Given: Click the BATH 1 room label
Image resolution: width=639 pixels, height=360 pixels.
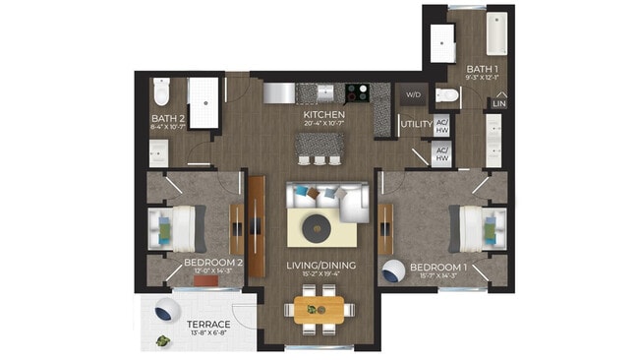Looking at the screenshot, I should click(483, 69).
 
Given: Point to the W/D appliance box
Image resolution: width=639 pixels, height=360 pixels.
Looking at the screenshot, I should click(412, 95).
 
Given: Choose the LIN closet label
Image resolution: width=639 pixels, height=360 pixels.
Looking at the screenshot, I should click(499, 103).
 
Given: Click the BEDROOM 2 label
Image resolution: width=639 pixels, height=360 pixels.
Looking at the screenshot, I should click(212, 263).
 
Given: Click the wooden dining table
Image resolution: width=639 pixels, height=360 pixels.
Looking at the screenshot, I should click(319, 310).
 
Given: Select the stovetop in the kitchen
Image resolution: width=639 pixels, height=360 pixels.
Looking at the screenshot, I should click(354, 92).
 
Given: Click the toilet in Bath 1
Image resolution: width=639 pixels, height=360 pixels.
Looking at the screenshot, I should click(447, 95).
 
